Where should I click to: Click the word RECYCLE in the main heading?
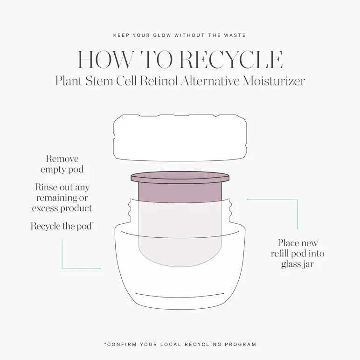(231, 60)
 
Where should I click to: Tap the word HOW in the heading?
(105, 60)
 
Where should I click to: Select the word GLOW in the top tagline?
(162, 35)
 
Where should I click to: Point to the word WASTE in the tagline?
(235, 35)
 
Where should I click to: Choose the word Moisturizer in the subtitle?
(274, 81)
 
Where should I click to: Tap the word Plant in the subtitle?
(69, 81)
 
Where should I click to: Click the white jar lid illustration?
(180, 138)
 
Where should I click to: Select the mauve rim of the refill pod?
(180, 177)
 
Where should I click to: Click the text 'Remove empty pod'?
(62, 164)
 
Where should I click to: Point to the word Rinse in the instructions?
(46, 187)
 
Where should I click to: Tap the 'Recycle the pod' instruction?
(61, 226)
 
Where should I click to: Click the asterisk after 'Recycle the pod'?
(93, 223)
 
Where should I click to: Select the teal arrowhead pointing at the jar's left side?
(100, 269)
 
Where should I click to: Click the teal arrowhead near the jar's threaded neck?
(248, 200)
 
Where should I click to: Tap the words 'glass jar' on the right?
(298, 264)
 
